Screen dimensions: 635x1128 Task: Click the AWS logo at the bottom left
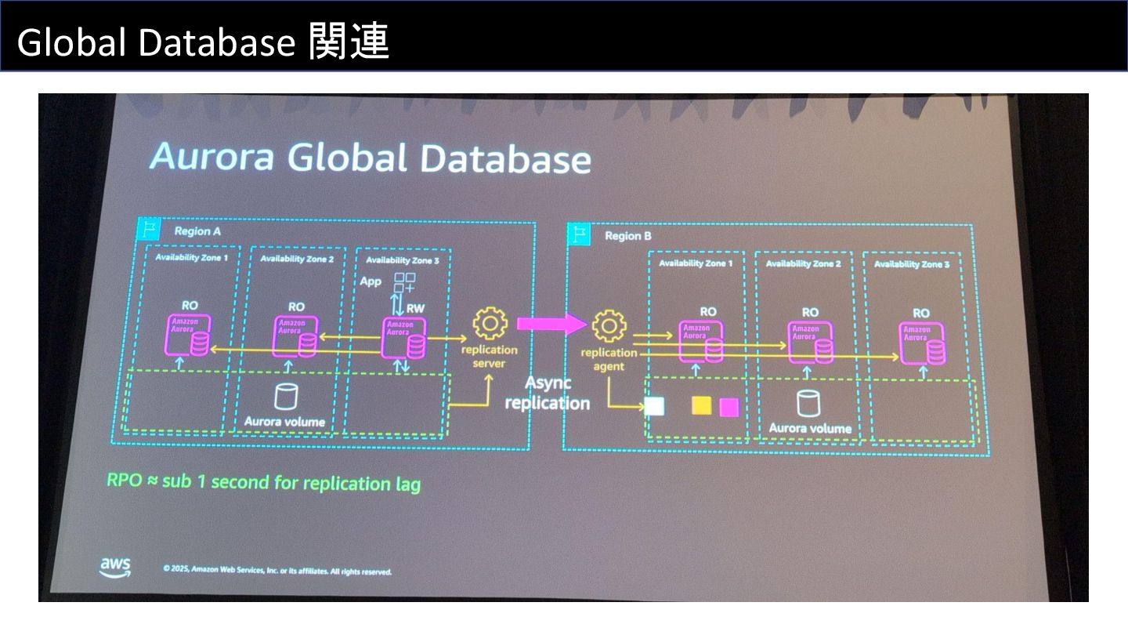click(115, 568)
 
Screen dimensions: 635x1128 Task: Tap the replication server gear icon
click(490, 323)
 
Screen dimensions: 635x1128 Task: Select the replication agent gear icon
click(609, 326)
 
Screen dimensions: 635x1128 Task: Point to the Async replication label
click(547, 393)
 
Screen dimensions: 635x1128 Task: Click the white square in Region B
click(654, 405)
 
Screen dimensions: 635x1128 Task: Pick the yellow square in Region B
click(701, 405)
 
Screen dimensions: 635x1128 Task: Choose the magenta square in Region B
click(729, 407)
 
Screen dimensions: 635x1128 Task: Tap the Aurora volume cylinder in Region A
click(284, 397)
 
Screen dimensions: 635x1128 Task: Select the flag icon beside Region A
click(147, 229)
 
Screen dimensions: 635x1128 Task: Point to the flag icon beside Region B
click(578, 234)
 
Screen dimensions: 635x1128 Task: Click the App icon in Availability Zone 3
click(404, 283)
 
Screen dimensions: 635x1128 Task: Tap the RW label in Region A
click(415, 308)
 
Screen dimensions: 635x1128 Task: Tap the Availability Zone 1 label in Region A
click(192, 257)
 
